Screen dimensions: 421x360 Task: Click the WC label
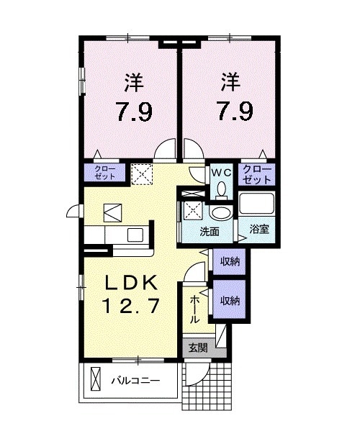(221, 173)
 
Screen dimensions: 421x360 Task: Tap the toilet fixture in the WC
(221, 189)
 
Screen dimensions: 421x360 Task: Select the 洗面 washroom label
(210, 232)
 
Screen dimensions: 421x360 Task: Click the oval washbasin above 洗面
(221, 213)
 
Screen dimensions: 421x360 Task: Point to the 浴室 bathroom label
(259, 232)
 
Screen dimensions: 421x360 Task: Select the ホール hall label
(195, 308)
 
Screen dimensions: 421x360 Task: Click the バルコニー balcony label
(135, 379)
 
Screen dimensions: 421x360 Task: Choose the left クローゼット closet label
(105, 173)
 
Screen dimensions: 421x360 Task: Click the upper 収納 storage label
(230, 261)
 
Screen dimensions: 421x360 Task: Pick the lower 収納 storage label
(230, 300)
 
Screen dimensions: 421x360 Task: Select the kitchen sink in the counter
(135, 235)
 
